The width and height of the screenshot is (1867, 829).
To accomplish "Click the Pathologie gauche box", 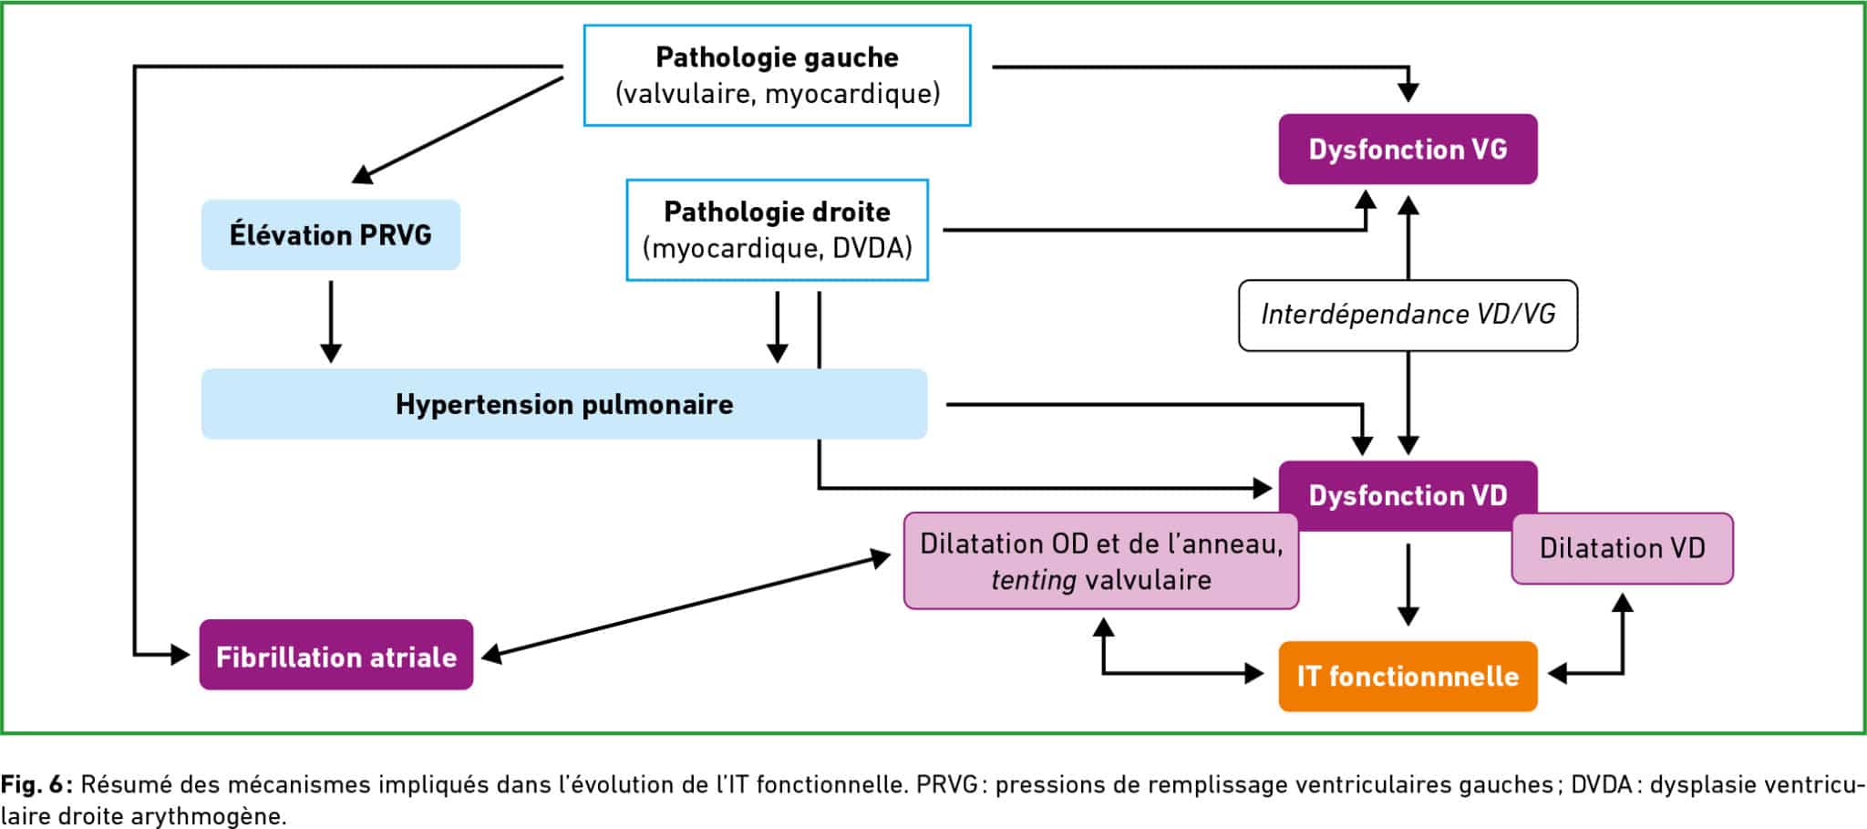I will point(777,75).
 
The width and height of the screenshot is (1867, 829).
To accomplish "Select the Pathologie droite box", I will point(777,230).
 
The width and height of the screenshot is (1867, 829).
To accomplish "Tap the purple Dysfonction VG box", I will point(1408,150).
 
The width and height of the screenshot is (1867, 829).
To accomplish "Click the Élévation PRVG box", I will point(330,235).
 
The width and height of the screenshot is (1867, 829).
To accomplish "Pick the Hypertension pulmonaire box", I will point(563,404).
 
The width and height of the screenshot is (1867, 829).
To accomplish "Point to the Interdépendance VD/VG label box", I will point(1408,315).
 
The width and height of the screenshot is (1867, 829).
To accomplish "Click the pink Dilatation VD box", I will point(1622,548).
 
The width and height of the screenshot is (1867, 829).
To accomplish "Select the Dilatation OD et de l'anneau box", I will point(1100,561).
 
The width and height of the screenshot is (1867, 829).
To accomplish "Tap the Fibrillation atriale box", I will point(335,656).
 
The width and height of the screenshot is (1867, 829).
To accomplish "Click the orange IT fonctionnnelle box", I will point(1408,676).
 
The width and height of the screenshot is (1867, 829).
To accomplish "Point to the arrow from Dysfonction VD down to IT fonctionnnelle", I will point(1408,584).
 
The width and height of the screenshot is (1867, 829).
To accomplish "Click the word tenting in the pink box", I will point(1033,580).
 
